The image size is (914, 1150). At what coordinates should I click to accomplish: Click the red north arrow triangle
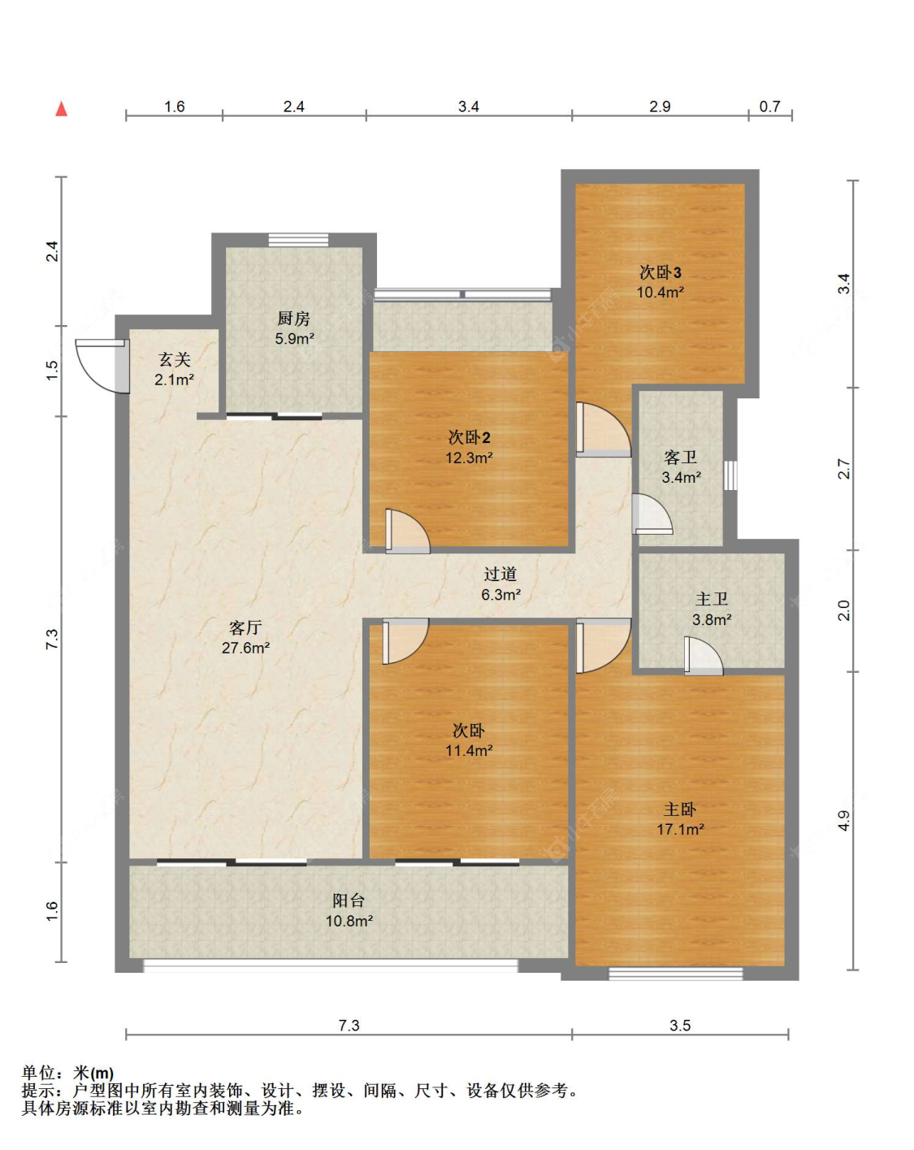coord(62,108)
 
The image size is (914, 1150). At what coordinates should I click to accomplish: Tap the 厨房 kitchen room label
coord(293,319)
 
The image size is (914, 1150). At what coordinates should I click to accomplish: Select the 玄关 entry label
coord(174,360)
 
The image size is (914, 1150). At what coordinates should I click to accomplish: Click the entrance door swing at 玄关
coord(102,366)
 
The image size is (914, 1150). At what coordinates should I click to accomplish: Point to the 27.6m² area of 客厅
coord(245,648)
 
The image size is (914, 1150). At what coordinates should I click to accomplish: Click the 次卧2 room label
coord(469,438)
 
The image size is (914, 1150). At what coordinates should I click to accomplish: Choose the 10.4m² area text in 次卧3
coord(660,292)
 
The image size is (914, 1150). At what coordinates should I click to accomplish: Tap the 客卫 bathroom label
coord(680,457)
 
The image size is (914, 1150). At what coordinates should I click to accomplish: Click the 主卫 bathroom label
coord(712,599)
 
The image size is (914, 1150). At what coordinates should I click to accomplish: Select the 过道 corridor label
coord(500,574)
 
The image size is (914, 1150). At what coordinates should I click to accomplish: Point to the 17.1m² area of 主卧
coord(679,829)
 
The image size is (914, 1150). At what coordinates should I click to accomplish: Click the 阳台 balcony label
coord(349,900)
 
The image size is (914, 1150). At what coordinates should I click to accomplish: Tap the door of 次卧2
coord(407,532)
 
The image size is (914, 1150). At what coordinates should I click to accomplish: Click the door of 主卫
coord(704,656)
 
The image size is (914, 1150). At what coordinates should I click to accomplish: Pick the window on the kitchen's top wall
coord(298,240)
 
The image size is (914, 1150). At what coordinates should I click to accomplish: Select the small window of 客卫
coord(730,475)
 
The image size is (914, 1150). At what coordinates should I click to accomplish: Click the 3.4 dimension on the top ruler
coord(468,106)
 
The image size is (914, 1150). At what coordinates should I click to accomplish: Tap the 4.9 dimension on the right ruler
coord(843,821)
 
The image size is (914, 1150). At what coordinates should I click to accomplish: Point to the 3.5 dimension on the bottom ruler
coord(679,1025)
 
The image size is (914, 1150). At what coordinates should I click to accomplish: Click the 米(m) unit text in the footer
coord(93,1073)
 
